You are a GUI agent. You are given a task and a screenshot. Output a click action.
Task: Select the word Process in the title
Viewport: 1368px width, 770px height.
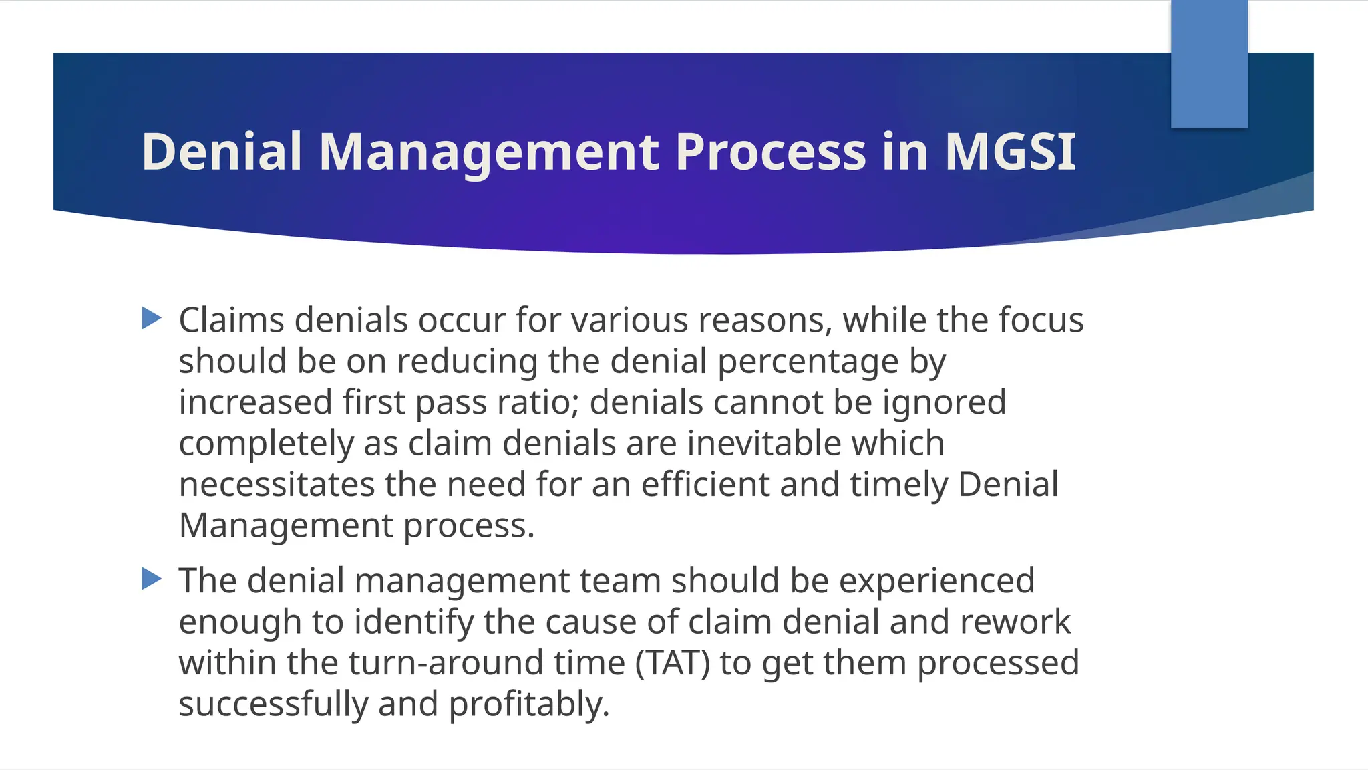click(771, 152)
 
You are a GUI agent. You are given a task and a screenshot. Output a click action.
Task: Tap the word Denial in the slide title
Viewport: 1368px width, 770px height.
click(222, 152)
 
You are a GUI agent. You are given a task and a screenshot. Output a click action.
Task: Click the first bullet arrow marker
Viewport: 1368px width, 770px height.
click(152, 318)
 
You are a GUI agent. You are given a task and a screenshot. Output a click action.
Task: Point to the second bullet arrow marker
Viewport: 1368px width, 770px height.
click(152, 579)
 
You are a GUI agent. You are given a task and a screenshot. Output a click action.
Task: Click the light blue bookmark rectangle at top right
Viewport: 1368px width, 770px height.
click(1209, 63)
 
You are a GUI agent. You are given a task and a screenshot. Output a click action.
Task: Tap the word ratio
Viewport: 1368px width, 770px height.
click(537, 403)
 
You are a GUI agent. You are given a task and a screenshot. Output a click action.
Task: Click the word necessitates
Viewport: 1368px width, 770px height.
click(276, 485)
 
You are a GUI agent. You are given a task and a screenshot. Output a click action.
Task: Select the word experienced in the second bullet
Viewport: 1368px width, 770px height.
click(936, 581)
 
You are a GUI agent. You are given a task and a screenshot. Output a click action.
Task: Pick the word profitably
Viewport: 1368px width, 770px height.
click(529, 704)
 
